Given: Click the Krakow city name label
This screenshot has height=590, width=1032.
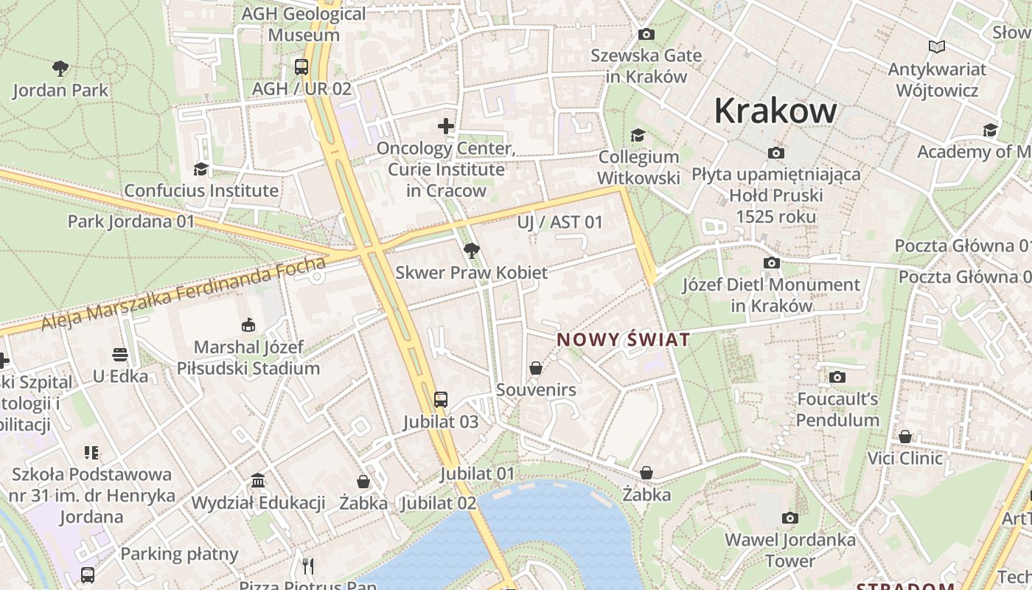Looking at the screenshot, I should click(775, 111).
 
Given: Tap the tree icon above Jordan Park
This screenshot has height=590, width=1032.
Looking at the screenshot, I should click(60, 69).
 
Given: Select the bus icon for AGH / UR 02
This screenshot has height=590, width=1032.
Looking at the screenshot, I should click(301, 67).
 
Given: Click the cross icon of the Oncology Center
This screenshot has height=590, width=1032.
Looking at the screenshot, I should click(446, 126).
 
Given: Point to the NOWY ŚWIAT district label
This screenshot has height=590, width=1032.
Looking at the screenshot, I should click(624, 340).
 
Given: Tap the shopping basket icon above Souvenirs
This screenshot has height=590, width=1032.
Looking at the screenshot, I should click(536, 367).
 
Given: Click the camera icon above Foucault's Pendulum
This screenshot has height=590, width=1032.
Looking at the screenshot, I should click(837, 378).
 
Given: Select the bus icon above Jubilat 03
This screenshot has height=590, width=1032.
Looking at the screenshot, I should click(440, 400).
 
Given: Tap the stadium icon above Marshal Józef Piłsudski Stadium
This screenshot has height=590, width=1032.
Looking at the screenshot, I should click(248, 324).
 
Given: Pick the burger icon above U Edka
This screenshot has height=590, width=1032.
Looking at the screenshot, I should click(120, 355).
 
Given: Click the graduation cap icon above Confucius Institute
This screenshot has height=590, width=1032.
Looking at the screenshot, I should click(201, 169).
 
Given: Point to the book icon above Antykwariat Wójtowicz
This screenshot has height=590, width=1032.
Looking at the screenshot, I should click(936, 47).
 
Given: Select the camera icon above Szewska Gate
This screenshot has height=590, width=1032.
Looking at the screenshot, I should click(646, 34).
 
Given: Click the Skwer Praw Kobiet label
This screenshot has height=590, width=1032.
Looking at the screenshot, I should click(471, 272).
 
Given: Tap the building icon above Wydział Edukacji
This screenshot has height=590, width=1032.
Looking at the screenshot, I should click(258, 481).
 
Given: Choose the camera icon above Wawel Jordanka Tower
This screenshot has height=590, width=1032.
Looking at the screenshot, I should click(790, 518).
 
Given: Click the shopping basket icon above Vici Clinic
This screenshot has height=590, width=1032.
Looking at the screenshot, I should click(904, 437).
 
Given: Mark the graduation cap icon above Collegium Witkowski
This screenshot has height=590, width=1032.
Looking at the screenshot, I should click(638, 135).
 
